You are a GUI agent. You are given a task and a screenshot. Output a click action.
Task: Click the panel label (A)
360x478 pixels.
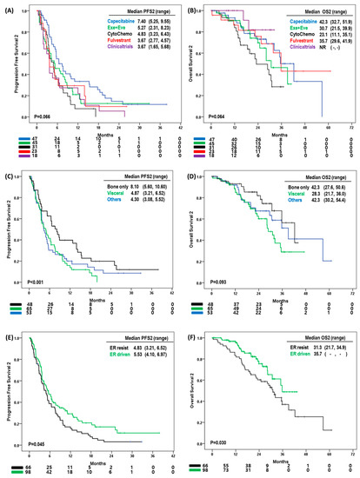click(10, 6)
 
